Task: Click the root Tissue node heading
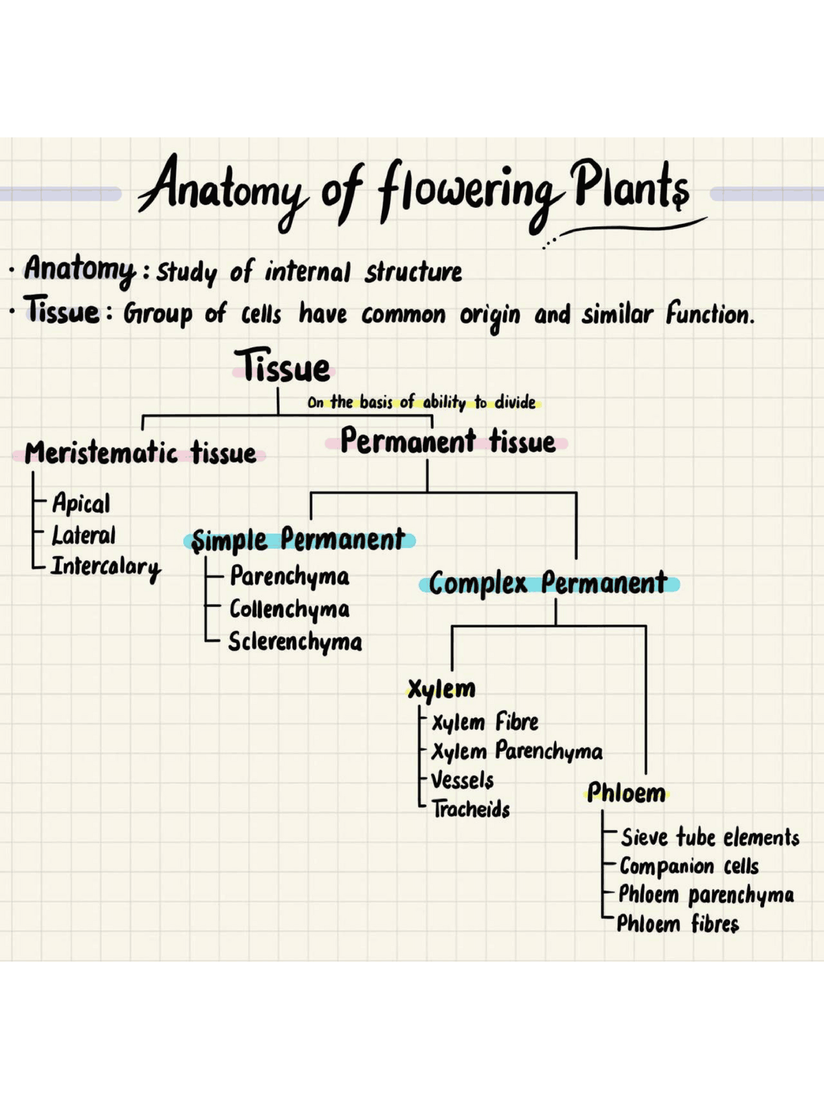[283, 367]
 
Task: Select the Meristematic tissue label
[140, 453]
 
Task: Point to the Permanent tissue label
[447, 442]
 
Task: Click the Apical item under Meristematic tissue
[81, 503]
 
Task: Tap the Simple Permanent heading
[299, 540]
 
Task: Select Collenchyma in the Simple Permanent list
[290, 609]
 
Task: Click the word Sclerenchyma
[295, 642]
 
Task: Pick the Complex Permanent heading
[548, 583]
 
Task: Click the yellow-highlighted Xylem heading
[442, 689]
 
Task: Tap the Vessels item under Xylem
[462, 780]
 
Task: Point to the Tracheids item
[471, 809]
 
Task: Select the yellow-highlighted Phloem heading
[626, 793]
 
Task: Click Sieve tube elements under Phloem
[709, 838]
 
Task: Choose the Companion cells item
[689, 867]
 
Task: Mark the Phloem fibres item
[677, 924]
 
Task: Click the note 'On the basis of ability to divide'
[422, 402]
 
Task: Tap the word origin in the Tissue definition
[489, 315]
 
